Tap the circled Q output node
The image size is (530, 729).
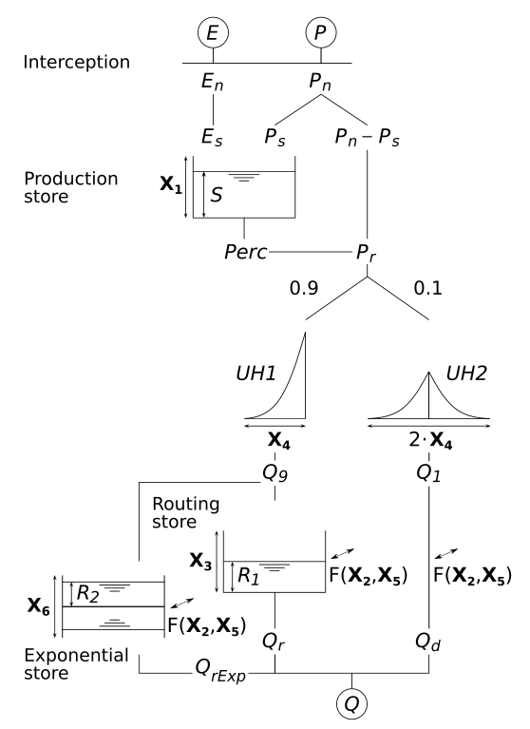tap(351, 705)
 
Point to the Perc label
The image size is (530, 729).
tap(241, 254)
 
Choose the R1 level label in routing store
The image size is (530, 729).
tap(247, 577)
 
